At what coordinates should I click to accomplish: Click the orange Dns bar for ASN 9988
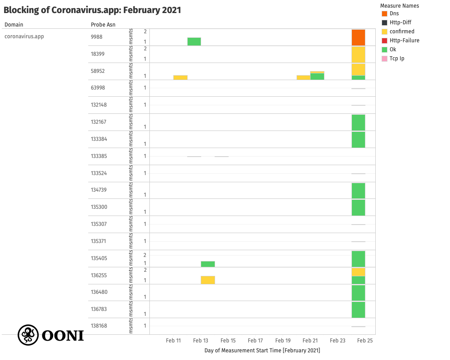click(358, 37)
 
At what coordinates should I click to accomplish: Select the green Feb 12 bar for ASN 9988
click(194, 41)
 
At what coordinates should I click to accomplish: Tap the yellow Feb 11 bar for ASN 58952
click(180, 77)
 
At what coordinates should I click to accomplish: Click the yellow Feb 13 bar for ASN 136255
click(208, 280)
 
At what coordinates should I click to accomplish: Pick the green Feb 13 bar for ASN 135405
click(208, 264)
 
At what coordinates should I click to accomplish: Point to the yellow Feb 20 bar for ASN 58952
click(303, 77)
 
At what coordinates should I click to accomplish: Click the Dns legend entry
click(394, 13)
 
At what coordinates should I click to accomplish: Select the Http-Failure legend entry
click(404, 40)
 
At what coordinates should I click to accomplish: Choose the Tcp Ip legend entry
click(396, 58)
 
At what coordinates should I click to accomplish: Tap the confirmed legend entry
click(402, 31)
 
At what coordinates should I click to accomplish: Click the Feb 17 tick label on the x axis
click(255, 341)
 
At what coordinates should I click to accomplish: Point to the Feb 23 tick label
click(337, 341)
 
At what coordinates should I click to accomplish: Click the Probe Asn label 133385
click(99, 156)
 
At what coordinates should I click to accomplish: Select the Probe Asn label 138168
click(99, 326)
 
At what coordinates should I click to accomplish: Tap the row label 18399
click(97, 54)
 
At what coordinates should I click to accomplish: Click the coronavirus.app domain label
click(24, 36)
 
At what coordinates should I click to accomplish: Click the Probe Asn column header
click(103, 25)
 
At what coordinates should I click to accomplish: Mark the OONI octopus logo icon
click(27, 335)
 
